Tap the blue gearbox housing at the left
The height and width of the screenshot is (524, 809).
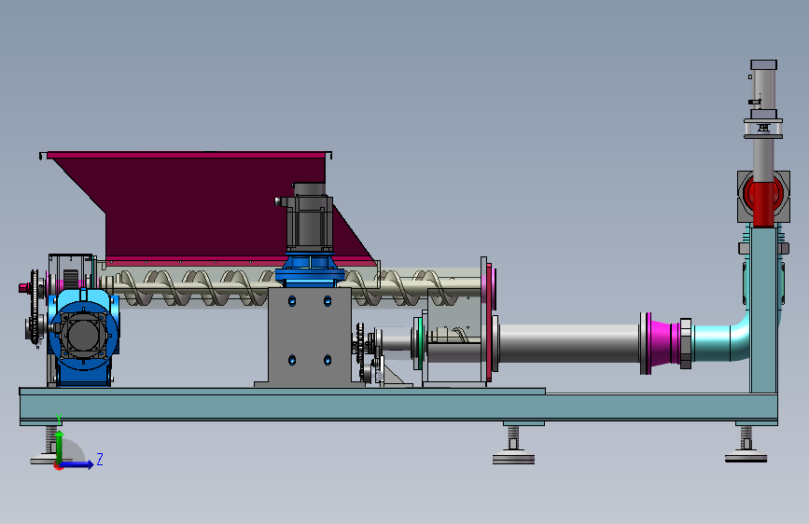[x=83, y=337]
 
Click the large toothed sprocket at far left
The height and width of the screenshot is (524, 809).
[x=35, y=307]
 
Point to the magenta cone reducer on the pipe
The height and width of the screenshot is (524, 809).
[x=662, y=342]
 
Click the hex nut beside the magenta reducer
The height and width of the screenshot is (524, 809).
[x=685, y=343]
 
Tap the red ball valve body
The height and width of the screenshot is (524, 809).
[x=763, y=199]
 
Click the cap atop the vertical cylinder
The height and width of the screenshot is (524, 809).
[x=763, y=64]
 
